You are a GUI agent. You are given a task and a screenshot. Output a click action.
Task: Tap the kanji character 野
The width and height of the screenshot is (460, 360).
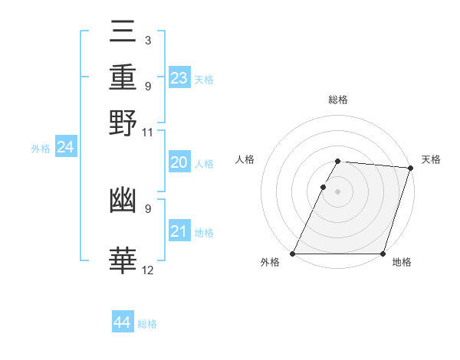pos(123,123)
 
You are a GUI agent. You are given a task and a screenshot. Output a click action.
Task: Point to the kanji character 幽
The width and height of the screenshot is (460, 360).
pos(123,199)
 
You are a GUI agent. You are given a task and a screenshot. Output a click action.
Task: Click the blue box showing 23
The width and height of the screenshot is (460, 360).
pos(179,78)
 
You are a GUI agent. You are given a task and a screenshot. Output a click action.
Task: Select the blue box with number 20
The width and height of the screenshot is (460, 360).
pos(179,162)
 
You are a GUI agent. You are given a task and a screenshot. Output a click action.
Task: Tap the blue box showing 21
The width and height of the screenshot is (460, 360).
pos(179,232)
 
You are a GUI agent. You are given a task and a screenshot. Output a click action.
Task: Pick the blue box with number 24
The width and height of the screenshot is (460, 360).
pos(66,147)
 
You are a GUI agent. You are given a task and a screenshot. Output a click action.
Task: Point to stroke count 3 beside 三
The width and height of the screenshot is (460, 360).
pos(147,41)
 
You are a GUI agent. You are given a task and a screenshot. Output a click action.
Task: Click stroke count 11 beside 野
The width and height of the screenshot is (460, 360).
pos(148,133)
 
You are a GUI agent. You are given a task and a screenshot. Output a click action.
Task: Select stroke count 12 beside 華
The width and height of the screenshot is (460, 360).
pos(148,270)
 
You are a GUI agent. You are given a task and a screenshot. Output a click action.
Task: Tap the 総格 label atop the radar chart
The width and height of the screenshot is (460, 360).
pos(337,100)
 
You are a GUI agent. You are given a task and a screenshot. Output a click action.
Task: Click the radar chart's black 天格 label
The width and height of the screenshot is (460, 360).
pos(431,159)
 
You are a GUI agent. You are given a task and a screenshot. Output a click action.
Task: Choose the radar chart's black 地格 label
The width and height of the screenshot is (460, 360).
pos(402,263)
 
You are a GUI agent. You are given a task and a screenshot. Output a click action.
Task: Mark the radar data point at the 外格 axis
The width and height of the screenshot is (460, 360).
pos(293,254)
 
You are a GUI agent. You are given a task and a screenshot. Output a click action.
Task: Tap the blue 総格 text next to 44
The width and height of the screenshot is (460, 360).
pos(147,324)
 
